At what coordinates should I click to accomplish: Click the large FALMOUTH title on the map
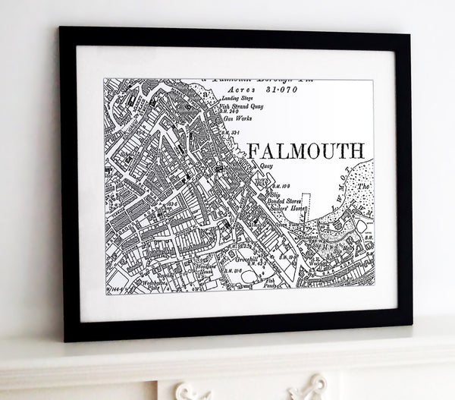305,149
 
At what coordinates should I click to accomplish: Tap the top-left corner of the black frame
61,30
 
